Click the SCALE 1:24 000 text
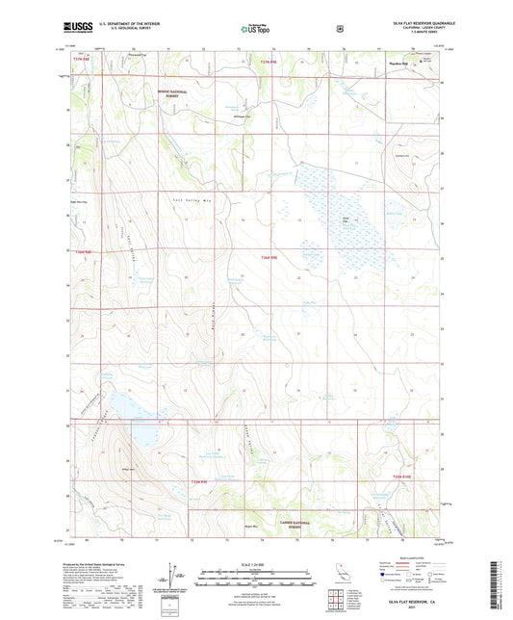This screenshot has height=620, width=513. (256, 563)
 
